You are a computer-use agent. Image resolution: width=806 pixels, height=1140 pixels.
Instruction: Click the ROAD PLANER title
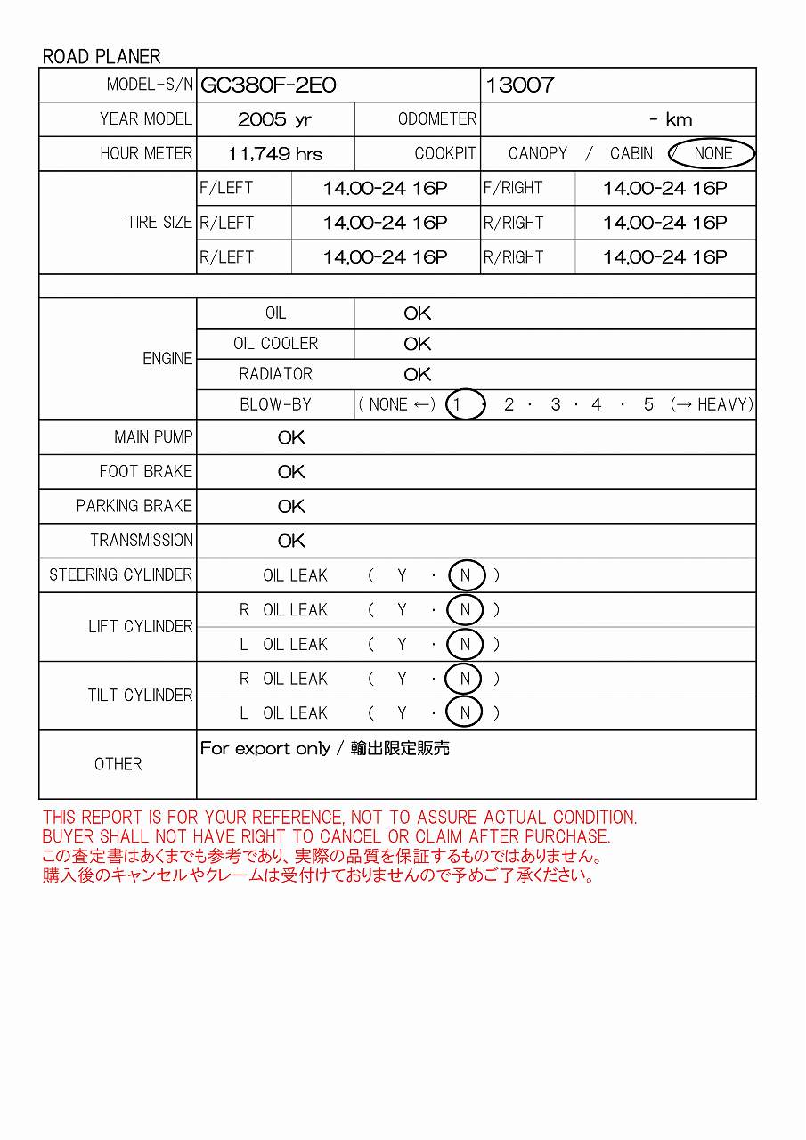pyautogui.click(x=102, y=57)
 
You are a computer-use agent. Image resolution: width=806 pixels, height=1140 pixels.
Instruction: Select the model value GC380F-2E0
pyautogui.click(x=268, y=85)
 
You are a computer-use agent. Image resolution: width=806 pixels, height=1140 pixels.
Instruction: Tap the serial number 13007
pyautogui.click(x=520, y=85)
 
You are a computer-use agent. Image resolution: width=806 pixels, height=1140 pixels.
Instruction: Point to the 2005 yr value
pyautogui.click(x=274, y=119)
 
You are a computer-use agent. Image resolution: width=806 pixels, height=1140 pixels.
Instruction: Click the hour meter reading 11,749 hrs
pyautogui.click(x=274, y=154)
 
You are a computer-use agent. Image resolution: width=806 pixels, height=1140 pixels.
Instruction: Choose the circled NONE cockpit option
pyautogui.click(x=712, y=153)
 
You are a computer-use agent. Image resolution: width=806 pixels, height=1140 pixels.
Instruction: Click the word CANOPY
pyautogui.click(x=538, y=153)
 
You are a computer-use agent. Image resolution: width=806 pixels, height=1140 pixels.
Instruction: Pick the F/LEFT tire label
pyautogui.click(x=226, y=188)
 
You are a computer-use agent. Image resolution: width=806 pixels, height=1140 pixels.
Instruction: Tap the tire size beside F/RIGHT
pyautogui.click(x=664, y=188)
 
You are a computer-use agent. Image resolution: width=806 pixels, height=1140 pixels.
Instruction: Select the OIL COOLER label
pyautogui.click(x=275, y=344)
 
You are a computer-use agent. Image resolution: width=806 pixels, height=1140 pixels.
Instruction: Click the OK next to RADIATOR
pyautogui.click(x=417, y=374)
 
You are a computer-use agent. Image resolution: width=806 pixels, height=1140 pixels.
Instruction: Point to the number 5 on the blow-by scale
pyautogui.click(x=648, y=404)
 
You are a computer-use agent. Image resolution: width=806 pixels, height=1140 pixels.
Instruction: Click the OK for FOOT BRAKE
pyautogui.click(x=291, y=472)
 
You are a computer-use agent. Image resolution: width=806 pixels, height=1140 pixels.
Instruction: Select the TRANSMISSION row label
pyautogui.click(x=142, y=541)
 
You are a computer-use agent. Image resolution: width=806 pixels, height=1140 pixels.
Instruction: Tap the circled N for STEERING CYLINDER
pyautogui.click(x=465, y=575)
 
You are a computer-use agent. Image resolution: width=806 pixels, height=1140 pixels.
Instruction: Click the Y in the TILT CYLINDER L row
pyautogui.click(x=402, y=713)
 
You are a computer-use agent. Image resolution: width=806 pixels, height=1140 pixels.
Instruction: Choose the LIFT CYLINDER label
pyautogui.click(x=141, y=627)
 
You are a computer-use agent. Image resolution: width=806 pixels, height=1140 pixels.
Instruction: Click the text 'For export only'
pyautogui.click(x=265, y=749)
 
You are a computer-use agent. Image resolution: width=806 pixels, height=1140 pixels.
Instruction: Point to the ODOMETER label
pyautogui.click(x=436, y=119)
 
